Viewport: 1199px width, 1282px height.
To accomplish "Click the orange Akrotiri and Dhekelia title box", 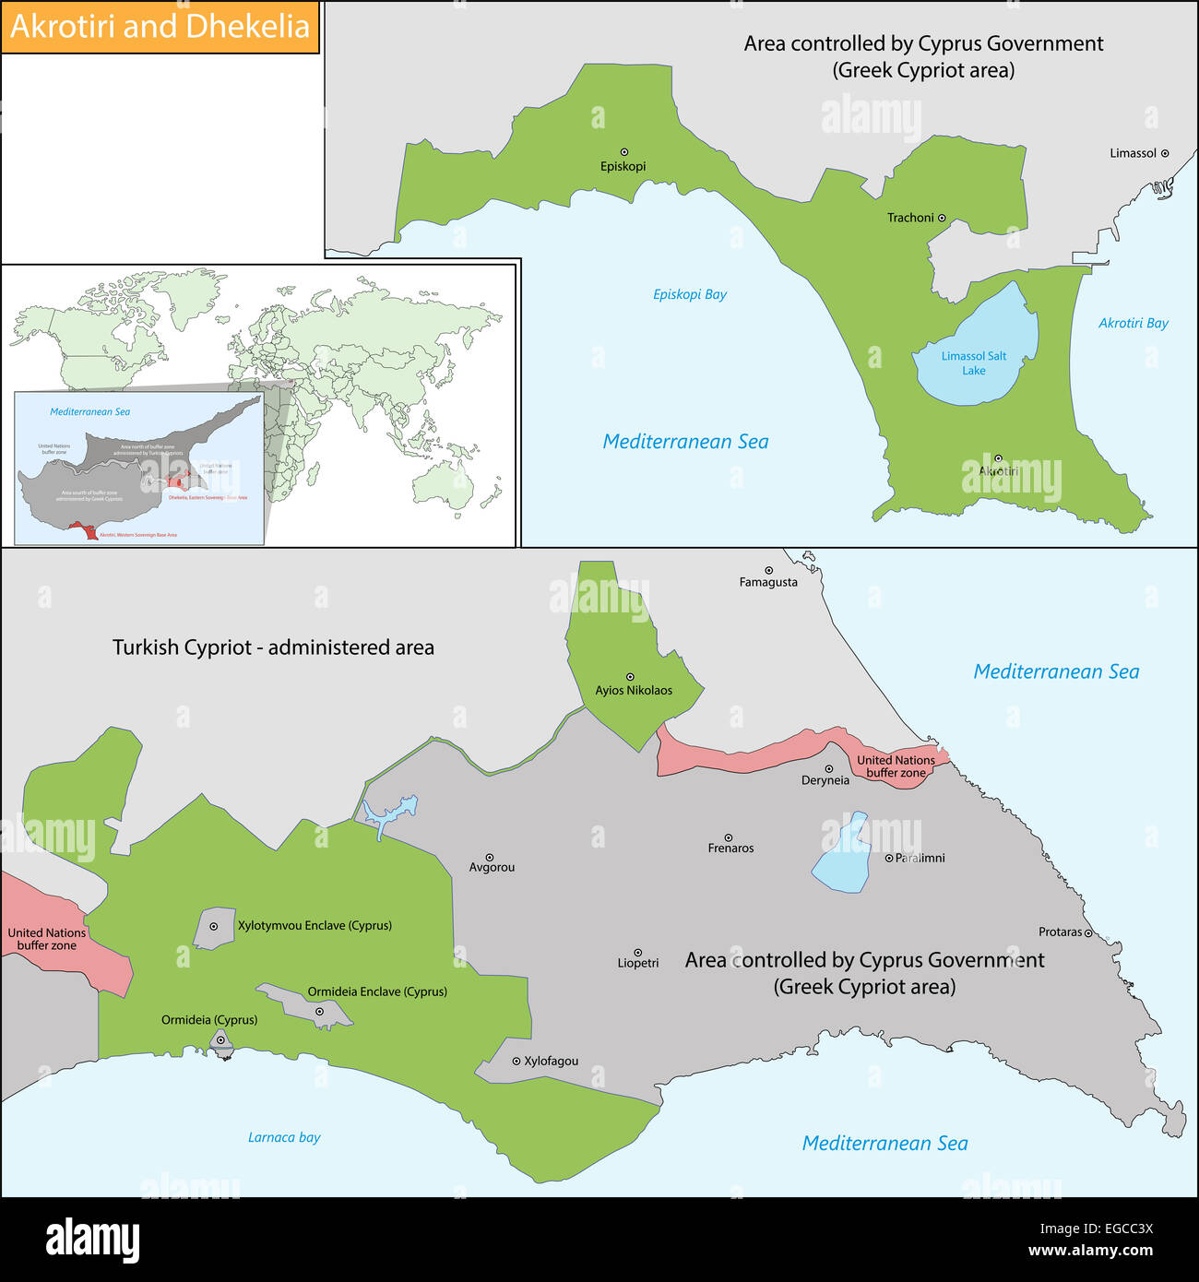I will pos(160,27).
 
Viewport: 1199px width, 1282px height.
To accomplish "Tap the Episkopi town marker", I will pos(624,152).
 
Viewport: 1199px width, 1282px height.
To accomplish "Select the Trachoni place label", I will pos(910,218).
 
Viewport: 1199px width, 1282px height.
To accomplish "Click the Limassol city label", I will pos(1133,153).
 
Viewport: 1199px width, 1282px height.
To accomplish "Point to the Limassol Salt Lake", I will pos(978,350).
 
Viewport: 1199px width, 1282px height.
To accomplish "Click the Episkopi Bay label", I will pos(689,294).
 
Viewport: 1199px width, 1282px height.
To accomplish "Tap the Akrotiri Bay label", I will pos(1133,323).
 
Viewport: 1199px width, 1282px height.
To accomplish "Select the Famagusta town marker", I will pos(768,571).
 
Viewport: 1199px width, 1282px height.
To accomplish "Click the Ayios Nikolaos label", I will pos(634,690).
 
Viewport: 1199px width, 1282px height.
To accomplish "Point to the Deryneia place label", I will pos(825,780).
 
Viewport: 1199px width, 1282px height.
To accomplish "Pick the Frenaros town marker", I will pos(728,837).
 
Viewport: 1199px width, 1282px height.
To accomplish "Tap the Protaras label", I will pos(1060,932).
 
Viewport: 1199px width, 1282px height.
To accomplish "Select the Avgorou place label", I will pos(492,868).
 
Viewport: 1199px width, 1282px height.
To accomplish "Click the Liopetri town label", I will pos(638,963).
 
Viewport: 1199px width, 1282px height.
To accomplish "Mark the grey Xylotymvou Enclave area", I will pos(210,929).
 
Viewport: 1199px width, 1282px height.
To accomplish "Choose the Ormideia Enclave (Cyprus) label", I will pos(377,991).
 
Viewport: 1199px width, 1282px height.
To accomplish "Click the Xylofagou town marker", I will pos(516,1062).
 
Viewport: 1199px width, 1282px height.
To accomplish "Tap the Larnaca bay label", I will pos(284,1137).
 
